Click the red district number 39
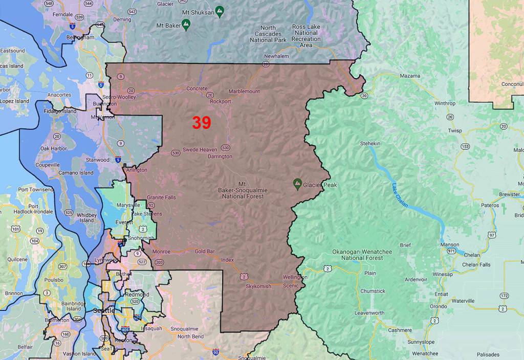pyautogui.click(x=202, y=123)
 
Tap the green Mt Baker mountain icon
pyautogui.click(x=186, y=24)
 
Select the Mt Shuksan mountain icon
pyautogui.click(x=220, y=10)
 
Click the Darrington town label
pyautogui.click(x=220, y=156)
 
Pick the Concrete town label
pyautogui.click(x=197, y=88)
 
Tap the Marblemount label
pyautogui.click(x=244, y=92)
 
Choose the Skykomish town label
pyautogui.click(x=258, y=286)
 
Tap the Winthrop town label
pyautogui.click(x=444, y=103)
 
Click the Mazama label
pyautogui.click(x=410, y=76)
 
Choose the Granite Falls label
pyautogui.click(x=161, y=197)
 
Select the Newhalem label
pyautogui.click(x=276, y=56)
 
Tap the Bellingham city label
pyautogui.click(x=80, y=37)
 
